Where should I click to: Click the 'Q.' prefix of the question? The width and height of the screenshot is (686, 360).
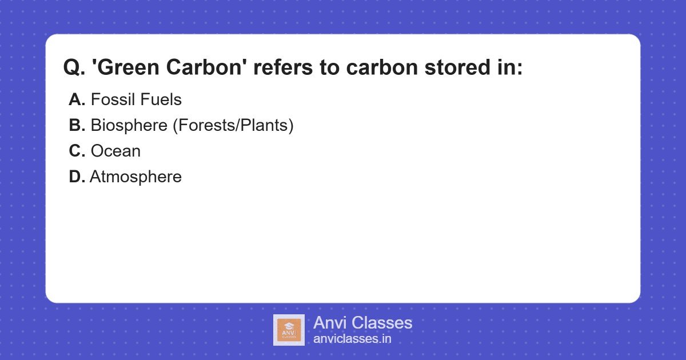tap(74, 68)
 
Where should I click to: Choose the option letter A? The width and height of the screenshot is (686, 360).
tap(77, 100)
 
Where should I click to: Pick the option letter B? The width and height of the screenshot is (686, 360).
tap(77, 126)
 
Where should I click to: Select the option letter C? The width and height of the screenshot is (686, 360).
tap(77, 151)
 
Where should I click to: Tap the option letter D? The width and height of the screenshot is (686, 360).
tap(77, 177)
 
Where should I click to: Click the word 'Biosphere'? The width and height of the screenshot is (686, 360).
tap(129, 126)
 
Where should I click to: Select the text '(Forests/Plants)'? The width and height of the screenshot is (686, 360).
tap(233, 126)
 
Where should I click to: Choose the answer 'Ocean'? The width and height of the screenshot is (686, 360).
tap(115, 151)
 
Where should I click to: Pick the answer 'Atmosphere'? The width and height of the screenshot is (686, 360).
tap(135, 177)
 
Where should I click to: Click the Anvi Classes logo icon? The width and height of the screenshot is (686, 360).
tap(289, 330)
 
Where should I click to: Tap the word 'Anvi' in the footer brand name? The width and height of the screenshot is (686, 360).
tap(329, 323)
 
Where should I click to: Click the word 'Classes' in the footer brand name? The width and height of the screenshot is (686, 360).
tap(381, 323)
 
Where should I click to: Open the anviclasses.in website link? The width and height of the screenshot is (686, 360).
tap(352, 339)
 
